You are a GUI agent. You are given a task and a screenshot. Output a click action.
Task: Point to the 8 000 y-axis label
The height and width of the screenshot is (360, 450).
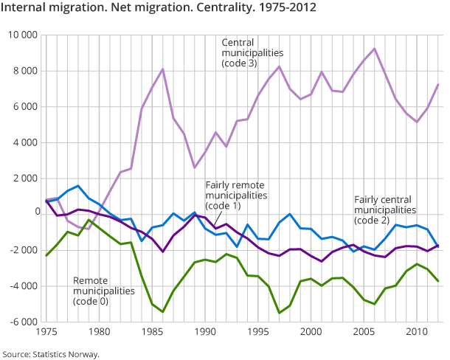[25, 72]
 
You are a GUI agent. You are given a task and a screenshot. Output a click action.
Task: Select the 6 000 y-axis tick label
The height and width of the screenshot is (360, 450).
[25, 107]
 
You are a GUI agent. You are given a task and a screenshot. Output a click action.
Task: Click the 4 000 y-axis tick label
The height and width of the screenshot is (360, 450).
[25, 143]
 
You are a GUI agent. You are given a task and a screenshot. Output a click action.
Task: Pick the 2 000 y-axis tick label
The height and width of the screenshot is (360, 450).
[25, 179]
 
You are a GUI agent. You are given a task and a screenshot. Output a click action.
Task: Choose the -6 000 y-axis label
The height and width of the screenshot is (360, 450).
[24, 322]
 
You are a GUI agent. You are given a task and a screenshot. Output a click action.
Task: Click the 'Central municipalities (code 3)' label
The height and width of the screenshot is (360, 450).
[253, 53]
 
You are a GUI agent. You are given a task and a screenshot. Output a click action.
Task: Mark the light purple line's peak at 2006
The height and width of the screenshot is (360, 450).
[374, 49]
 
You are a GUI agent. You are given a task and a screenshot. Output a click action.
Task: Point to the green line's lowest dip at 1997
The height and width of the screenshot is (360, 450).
[279, 313]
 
